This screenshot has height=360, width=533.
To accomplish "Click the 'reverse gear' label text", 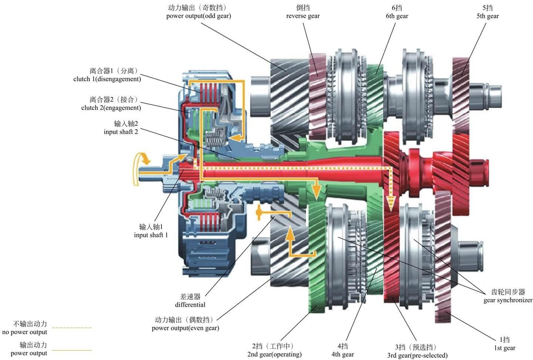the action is [x=303, y=16].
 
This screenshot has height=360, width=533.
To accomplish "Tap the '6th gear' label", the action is [x=397, y=16].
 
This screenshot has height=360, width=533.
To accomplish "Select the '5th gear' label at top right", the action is [x=487, y=16].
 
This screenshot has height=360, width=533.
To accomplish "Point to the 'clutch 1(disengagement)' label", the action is [x=107, y=79].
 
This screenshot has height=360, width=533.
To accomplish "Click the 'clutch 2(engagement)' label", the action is [x=111, y=108].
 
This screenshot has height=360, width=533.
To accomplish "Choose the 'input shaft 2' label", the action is [x=121, y=131].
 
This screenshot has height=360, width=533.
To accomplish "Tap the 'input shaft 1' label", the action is [x=151, y=235].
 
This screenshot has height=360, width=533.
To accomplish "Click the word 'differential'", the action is [x=190, y=305].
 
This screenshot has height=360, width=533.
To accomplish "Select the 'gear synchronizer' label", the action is [x=508, y=300].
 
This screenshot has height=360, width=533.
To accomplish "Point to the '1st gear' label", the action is [x=505, y=348].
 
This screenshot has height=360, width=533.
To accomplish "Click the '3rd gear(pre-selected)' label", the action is [x=418, y=355].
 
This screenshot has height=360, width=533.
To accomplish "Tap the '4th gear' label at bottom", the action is [x=343, y=354].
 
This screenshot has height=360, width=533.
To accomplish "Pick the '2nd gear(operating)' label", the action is [x=274, y=354].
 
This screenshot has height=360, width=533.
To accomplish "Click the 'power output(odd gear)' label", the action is [x=198, y=16].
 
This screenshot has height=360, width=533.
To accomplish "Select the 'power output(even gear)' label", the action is [x=185, y=328].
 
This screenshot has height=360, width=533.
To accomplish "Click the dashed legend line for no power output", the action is [x=72, y=328].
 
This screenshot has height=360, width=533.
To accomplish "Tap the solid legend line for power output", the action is [x=72, y=350].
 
